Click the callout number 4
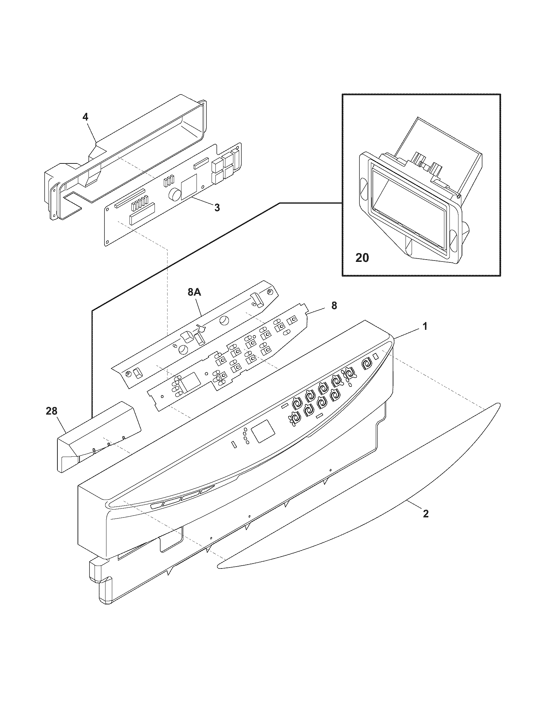[x=85, y=117]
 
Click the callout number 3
[x=217, y=208]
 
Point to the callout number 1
[x=425, y=327]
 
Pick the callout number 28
[x=51, y=411]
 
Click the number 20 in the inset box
[x=362, y=258]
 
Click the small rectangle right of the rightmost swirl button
[x=375, y=356]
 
